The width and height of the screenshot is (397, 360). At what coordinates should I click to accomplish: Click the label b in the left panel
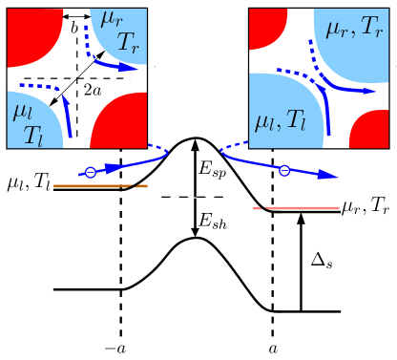point(74,30)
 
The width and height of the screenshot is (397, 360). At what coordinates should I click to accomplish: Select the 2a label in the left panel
point(93,90)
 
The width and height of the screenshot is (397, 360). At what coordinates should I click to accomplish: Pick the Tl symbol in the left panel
point(34,133)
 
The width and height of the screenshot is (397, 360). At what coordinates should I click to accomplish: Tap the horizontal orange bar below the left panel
point(100,186)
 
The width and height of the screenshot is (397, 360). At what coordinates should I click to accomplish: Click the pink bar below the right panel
point(296,207)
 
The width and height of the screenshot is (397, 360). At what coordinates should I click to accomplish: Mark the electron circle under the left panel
point(90,173)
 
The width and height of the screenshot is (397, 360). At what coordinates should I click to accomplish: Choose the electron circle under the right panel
point(283,170)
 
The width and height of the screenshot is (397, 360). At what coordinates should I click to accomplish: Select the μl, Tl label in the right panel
point(283,119)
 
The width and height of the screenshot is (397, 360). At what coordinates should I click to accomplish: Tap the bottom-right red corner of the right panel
point(372,132)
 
